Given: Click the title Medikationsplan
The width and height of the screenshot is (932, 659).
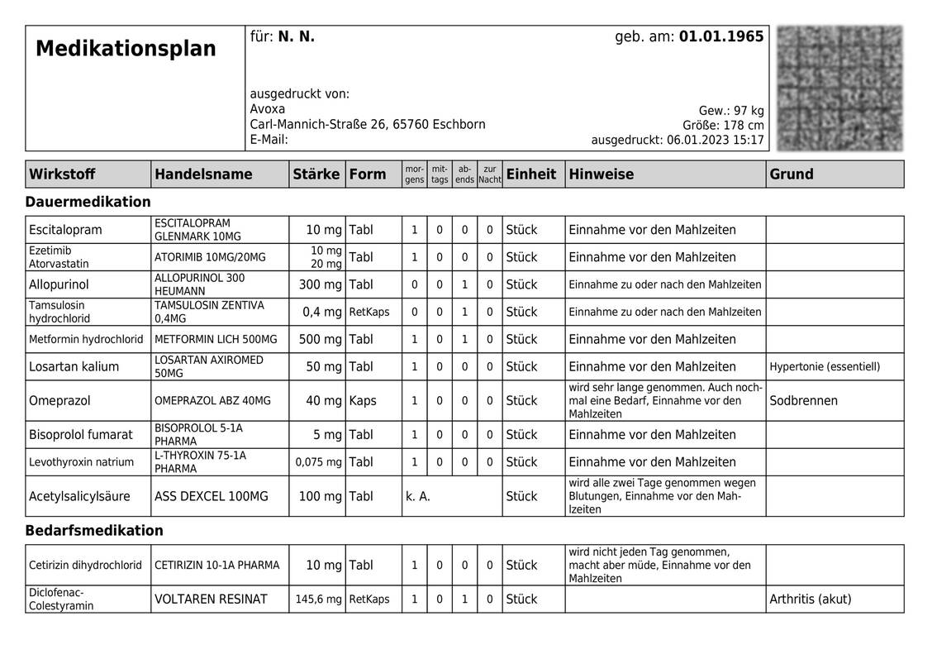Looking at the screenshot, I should (126, 49).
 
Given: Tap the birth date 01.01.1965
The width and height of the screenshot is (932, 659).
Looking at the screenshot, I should (721, 37).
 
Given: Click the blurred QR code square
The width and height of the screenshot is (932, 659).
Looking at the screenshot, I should (839, 88).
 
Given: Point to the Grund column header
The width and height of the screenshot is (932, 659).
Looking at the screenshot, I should (792, 174).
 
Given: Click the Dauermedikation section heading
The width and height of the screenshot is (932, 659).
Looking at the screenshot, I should (88, 202).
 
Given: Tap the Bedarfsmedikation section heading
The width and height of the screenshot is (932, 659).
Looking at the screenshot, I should (94, 530).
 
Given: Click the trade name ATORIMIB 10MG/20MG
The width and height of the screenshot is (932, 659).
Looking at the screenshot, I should (210, 257).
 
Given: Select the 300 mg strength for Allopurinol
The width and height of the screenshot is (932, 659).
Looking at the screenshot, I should (320, 284).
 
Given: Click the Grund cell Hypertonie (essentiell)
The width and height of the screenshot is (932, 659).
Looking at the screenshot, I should (825, 366).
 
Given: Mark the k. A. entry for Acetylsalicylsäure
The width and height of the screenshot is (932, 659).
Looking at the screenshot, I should (418, 496).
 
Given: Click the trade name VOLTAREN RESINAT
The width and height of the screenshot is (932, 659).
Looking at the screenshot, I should (211, 599).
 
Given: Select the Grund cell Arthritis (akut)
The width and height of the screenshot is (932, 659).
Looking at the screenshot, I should (810, 599).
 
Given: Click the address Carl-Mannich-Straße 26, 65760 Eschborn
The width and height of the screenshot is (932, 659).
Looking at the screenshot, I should (368, 124).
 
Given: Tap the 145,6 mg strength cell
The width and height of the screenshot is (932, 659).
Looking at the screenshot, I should (318, 599).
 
